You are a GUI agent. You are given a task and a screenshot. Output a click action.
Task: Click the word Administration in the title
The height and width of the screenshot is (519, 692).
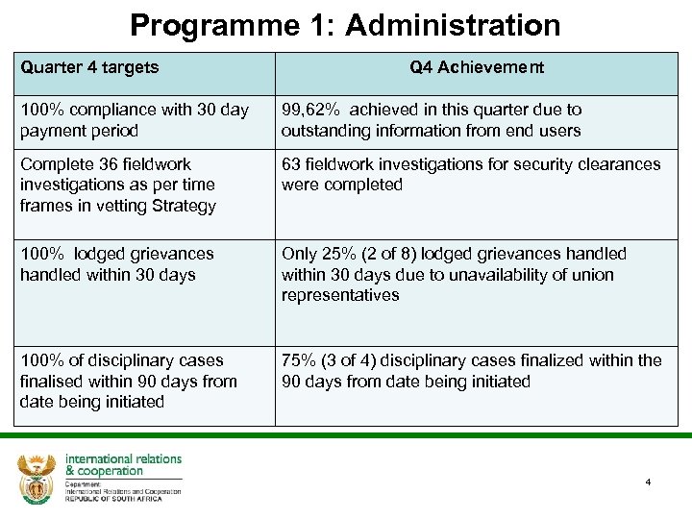pos(453,25)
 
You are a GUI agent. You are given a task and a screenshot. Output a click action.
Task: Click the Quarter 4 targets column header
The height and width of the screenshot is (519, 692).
pos(89,67)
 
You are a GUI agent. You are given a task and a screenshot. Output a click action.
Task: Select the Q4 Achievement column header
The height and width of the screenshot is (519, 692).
pos(477,67)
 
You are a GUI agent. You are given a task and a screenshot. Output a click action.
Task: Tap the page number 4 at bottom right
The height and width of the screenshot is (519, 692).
pos(648,482)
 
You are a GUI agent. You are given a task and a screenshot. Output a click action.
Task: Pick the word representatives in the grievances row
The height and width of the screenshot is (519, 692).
pos(340,295)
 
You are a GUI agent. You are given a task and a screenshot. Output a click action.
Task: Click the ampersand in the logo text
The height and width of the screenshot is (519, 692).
pos(70,471)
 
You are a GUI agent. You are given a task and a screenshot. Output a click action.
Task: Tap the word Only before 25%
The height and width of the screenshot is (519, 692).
pos(300,254)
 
